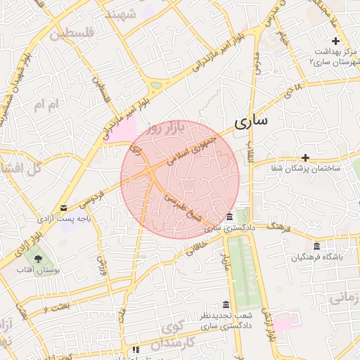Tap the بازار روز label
pos(169,127)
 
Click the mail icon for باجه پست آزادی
pos(65,208)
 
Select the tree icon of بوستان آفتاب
pos(48,259)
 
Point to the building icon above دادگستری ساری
pos(230,217)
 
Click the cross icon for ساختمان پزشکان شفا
pos(305,157)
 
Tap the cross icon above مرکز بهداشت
pos(336,41)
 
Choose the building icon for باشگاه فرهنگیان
pos(316,246)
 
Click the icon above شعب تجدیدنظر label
pos(226,304)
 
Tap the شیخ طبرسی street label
pos(184,207)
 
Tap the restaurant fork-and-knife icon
pos(136,349)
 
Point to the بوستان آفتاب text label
pos(49,271)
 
